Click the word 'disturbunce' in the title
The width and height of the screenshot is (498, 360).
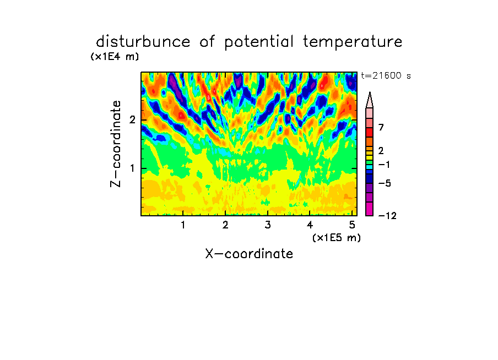point(143,42)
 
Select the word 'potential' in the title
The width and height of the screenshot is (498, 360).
point(259,42)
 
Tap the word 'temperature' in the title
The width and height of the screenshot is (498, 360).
point(353,42)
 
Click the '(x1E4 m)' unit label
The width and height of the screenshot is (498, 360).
point(115,57)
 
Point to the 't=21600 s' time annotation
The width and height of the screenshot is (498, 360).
point(386,75)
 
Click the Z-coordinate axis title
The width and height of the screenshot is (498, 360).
point(116,144)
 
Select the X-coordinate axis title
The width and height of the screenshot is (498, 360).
point(250,254)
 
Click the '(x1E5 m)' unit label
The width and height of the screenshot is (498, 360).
point(337,237)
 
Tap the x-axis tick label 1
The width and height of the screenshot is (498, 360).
point(183,225)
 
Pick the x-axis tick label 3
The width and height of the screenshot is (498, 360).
point(268,225)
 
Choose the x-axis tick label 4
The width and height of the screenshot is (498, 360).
point(310,225)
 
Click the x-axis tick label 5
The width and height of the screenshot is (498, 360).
point(352,225)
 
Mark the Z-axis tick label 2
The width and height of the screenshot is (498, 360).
point(132,120)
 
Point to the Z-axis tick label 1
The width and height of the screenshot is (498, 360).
point(132,168)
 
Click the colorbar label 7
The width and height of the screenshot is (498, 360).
point(381,127)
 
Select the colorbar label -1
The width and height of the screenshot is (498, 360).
point(384,165)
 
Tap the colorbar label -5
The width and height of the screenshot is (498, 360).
point(385,183)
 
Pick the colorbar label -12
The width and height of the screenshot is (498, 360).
point(387,216)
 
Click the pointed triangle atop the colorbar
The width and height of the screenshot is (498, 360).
point(370,100)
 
